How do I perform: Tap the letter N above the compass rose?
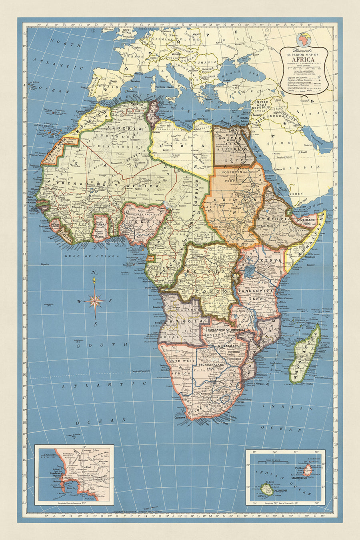pyautogui.click(x=94, y=273)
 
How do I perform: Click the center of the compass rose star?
pyautogui.click(x=94, y=301)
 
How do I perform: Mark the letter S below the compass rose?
pyautogui.click(x=95, y=324)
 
